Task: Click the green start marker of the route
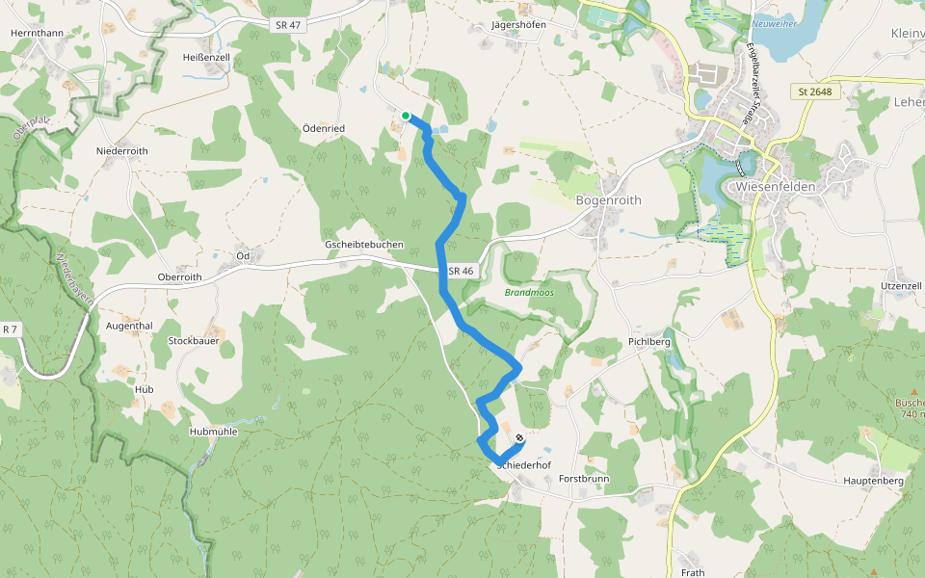(x=406, y=116)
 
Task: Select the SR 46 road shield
(x=461, y=271)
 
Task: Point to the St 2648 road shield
(x=814, y=92)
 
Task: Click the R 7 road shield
(x=10, y=329)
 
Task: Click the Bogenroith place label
(x=608, y=200)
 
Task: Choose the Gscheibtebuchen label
(x=364, y=245)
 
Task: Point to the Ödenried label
(x=323, y=128)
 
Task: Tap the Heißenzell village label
(x=206, y=58)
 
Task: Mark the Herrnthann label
(x=37, y=33)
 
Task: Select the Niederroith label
(x=122, y=151)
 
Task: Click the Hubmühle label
(x=214, y=433)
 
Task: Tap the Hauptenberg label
(x=871, y=480)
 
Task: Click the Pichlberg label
(x=648, y=342)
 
